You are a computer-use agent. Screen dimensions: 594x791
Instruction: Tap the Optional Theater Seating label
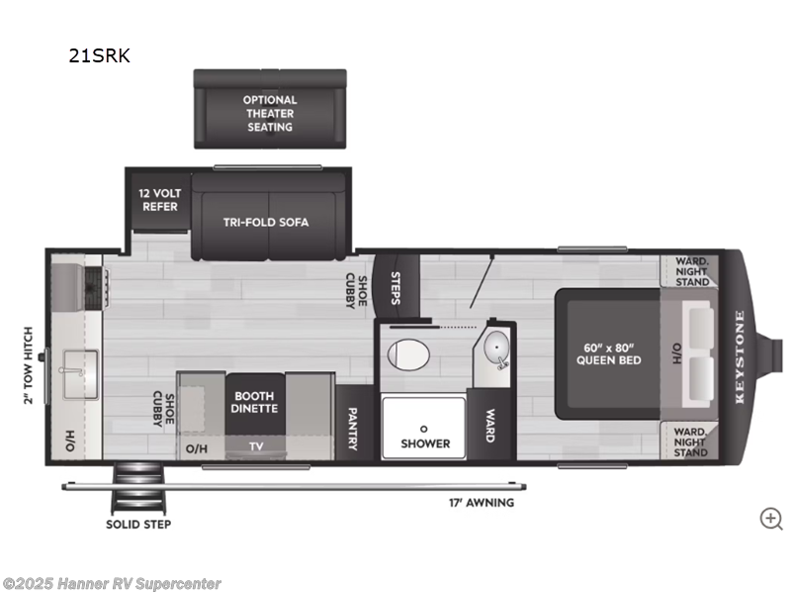270,113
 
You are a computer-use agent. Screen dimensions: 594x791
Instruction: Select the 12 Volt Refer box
158,200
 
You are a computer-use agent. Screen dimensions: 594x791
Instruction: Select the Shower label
425,443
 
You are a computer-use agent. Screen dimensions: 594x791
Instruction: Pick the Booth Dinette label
256,401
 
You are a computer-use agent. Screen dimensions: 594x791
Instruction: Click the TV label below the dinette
256,447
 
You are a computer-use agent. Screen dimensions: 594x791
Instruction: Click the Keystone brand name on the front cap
740,355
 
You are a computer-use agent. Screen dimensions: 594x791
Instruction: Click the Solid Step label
137,524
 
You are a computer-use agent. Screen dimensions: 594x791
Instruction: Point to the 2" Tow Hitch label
29,365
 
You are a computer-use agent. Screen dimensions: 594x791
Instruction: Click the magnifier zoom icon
770,518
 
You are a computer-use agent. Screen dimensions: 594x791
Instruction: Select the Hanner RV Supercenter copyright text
112,584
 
